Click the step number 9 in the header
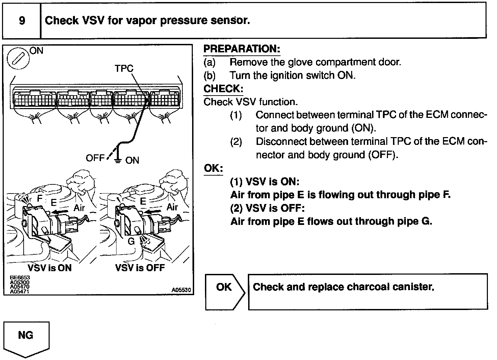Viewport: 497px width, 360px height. tap(22, 21)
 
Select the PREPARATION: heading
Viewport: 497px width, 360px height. tap(242, 49)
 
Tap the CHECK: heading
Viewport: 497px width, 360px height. tap(223, 89)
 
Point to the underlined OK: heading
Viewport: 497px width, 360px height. tap(213, 168)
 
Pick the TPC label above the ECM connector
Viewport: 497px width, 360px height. tap(124, 69)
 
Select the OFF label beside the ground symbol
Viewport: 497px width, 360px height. tap(95, 158)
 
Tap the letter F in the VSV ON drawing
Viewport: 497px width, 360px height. tap(40, 199)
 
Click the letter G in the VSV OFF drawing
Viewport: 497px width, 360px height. tap(131, 242)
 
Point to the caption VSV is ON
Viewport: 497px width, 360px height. tap(50, 268)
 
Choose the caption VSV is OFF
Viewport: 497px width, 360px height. tap(140, 268)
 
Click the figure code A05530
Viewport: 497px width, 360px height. tap(181, 290)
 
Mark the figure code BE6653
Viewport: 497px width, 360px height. tap(20, 278)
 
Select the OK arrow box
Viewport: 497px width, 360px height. tap(224, 291)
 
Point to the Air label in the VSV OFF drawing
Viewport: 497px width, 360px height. tap(172, 207)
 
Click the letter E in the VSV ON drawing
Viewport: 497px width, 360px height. tap(53, 202)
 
